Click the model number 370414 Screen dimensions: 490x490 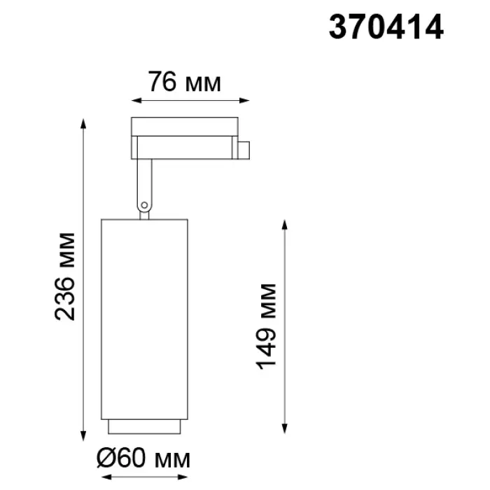pos(386,27)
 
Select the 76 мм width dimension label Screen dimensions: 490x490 pos(184,82)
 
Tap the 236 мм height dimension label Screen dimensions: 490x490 pos(64,276)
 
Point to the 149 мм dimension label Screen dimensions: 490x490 pos(266,327)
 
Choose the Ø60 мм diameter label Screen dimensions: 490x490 pos(143,458)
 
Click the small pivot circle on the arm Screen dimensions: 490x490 pos(144,205)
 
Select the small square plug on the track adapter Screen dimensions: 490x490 pos(244,150)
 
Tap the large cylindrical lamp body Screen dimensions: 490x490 pos(144,319)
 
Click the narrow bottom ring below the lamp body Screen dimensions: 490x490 pos(144,426)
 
